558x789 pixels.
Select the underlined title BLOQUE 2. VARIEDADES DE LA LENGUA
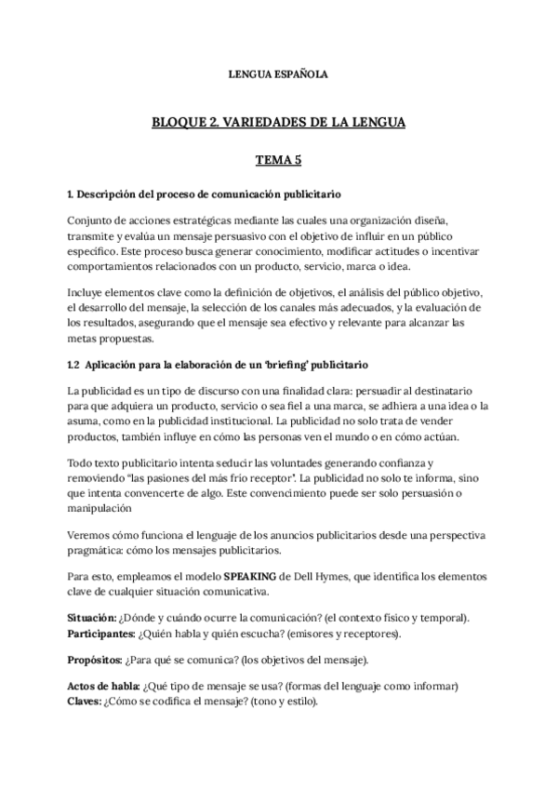click(x=278, y=122)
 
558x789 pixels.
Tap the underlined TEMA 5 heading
click(x=278, y=159)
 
